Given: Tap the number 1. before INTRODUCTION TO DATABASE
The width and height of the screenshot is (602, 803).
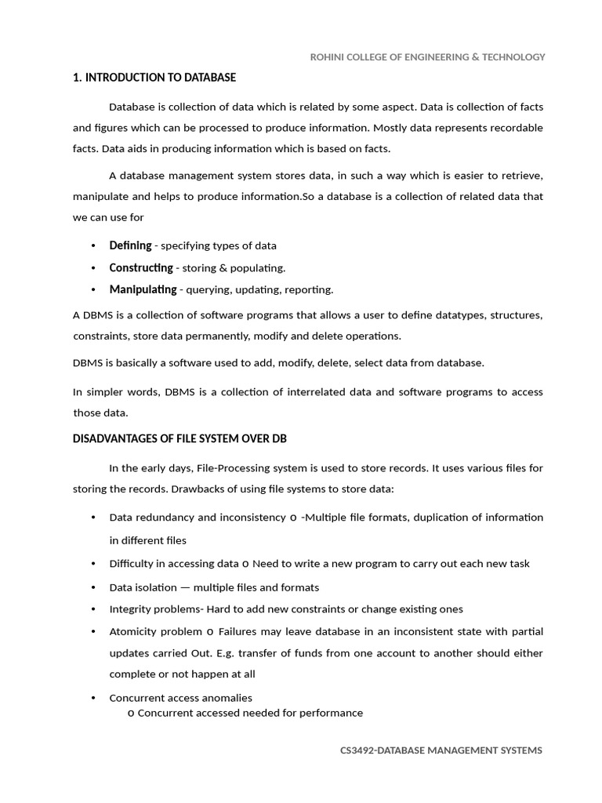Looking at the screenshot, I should click(77, 78).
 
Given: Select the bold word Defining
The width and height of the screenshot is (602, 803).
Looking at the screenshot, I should click(130, 245).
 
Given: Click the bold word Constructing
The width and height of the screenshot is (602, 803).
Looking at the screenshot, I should click(141, 267).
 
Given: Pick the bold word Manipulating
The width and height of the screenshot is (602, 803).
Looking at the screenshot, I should click(143, 289).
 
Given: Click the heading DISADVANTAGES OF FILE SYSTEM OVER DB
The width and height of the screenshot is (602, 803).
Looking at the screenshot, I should click(185, 438).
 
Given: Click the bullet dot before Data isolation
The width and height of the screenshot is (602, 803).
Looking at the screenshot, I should click(93, 587).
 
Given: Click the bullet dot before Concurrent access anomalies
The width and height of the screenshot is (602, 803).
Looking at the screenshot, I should click(93, 698).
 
